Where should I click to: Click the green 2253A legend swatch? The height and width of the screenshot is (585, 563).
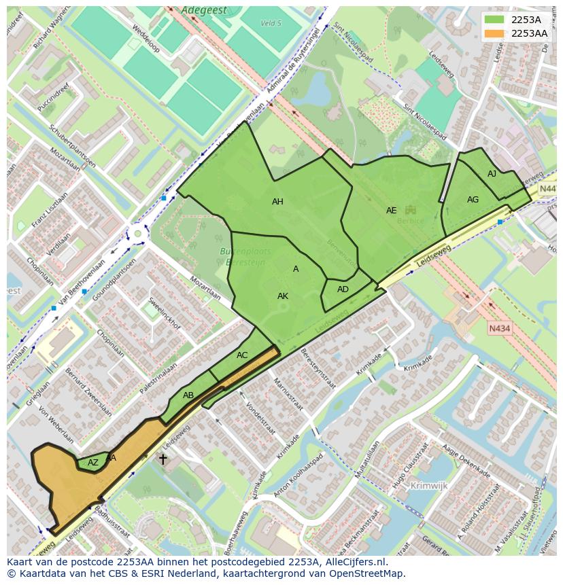(494, 20)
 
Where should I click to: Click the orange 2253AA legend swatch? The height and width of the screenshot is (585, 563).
(494, 33)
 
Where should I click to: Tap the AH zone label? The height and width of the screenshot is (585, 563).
(277, 202)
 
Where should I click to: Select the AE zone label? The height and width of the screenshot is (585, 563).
(391, 211)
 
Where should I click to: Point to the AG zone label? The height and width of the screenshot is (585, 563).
(473, 200)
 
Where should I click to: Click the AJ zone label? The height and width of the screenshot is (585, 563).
(492, 175)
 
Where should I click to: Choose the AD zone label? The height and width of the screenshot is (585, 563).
(343, 289)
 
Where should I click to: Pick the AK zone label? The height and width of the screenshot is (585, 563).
(283, 296)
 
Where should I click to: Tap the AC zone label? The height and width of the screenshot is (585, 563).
(242, 355)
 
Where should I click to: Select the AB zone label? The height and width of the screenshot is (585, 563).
(188, 395)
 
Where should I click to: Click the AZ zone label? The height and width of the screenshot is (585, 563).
(93, 463)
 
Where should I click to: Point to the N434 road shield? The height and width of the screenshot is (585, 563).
(499, 329)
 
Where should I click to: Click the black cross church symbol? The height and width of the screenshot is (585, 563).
(163, 459)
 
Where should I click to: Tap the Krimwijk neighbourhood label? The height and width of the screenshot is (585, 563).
(429, 486)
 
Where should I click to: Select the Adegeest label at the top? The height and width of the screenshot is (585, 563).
(203, 11)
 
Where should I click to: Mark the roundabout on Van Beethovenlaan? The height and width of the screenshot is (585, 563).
(138, 234)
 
